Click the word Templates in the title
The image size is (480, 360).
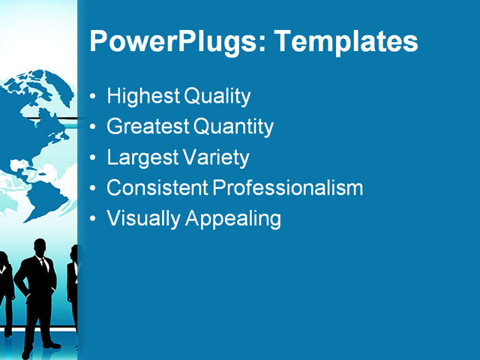[x=346, y=41]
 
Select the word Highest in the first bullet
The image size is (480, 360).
[x=143, y=97]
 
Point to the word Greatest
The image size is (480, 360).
[x=148, y=127]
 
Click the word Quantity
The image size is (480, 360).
[x=234, y=127]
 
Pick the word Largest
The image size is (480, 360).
[x=142, y=158]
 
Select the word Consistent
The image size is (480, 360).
[x=158, y=188]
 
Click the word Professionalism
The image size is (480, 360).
[x=289, y=188]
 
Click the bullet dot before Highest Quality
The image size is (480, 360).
[x=93, y=97]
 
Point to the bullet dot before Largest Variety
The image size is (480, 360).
[x=93, y=159]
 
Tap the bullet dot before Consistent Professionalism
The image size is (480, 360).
[x=93, y=189]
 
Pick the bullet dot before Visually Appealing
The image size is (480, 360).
[x=93, y=220]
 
